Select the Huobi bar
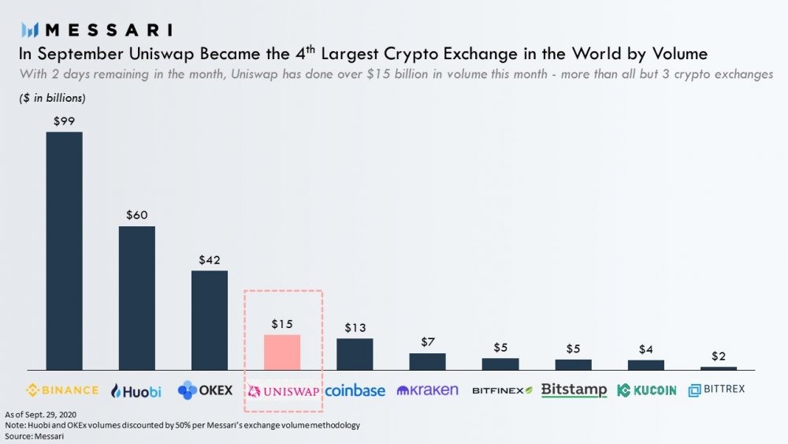click(136, 297)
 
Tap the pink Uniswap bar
click(282, 352)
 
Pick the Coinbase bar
click(355, 353)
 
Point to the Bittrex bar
click(718, 368)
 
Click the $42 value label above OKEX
click(209, 259)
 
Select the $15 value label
click(282, 324)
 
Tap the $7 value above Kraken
click(427, 341)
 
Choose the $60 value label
click(136, 215)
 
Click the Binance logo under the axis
click(63, 390)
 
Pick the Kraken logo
click(427, 390)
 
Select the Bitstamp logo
click(574, 390)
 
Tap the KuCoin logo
click(646, 390)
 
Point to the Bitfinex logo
click(502, 390)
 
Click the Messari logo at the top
click(97, 30)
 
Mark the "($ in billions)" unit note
click(52, 99)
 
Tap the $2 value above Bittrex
click(718, 355)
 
